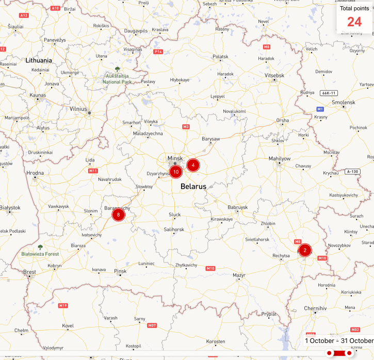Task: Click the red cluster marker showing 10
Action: (175, 172)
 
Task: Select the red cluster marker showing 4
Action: (193, 165)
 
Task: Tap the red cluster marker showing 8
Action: (118, 214)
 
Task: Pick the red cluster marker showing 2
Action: (305, 251)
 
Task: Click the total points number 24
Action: (354, 22)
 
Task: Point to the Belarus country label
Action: (193, 187)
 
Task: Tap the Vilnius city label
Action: (78, 109)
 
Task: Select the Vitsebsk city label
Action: (274, 75)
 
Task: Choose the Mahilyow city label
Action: (280, 159)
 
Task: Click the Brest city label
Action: (30, 272)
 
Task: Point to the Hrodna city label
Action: (35, 173)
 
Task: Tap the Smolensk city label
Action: (344, 102)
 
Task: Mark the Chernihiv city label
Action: (316, 308)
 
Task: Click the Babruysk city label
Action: (238, 207)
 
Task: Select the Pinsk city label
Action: (121, 271)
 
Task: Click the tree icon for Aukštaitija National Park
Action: (118, 69)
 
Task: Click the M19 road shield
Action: (63, 306)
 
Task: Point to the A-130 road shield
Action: (353, 171)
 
